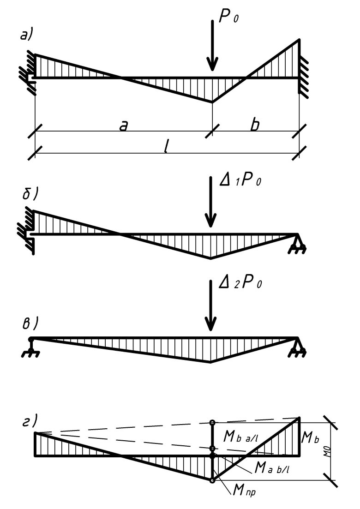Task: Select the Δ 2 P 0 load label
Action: point(240,282)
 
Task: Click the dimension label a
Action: point(123,126)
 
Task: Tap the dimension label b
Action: point(255,125)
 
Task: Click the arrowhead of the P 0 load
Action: point(212,66)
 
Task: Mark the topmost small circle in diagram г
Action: point(212,422)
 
